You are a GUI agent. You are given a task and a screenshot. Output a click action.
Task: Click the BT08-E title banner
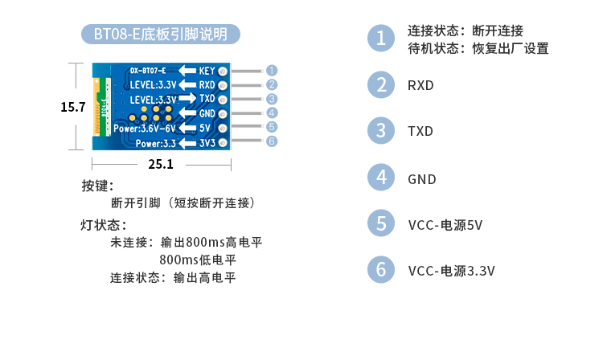(x=161, y=35)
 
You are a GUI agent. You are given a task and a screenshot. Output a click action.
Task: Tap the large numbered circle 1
(x=381, y=39)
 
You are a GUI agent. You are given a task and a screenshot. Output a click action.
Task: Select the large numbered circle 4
(x=381, y=178)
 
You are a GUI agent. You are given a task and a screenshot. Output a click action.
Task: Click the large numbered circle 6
(x=381, y=270)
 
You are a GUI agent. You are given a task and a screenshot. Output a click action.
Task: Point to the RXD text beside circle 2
(x=420, y=84)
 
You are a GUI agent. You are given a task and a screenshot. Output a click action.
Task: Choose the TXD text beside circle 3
(x=420, y=131)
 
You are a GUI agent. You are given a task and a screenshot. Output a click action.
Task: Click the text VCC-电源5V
(x=445, y=225)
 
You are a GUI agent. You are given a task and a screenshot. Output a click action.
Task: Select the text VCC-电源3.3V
(x=451, y=271)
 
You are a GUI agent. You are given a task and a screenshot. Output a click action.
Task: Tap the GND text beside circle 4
(x=422, y=178)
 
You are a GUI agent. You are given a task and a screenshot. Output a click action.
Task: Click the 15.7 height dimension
(x=73, y=107)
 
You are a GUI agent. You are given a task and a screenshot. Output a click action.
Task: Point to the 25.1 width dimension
(x=161, y=164)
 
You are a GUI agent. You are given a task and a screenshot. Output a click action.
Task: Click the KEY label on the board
(x=207, y=70)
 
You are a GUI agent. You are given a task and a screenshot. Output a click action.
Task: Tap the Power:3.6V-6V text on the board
(x=145, y=128)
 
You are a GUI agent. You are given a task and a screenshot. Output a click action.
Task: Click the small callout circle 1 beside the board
(x=272, y=70)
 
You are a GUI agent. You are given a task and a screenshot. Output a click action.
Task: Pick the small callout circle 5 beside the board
(x=272, y=127)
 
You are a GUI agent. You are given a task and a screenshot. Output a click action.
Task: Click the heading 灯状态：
(x=104, y=224)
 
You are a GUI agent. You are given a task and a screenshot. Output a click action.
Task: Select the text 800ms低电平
(x=198, y=260)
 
